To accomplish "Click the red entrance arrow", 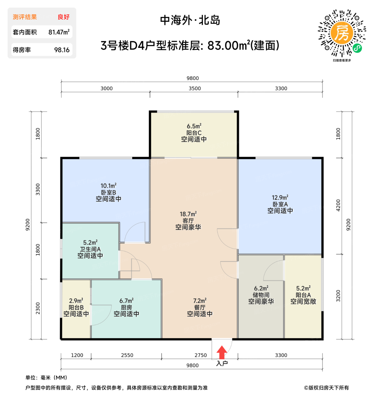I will [x=222, y=352].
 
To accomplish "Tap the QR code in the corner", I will [x=342, y=33].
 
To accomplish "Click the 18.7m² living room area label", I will [x=188, y=214].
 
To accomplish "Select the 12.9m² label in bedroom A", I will [x=280, y=198].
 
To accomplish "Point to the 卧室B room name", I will [x=108, y=193].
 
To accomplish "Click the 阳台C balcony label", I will [x=194, y=133].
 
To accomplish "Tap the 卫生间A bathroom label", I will [x=90, y=249].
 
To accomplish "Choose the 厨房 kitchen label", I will [x=126, y=307].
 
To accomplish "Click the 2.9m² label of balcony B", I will [x=76, y=301].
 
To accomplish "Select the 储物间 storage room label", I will [x=261, y=295].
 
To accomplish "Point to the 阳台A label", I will [x=303, y=295].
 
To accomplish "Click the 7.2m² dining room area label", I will [x=200, y=301].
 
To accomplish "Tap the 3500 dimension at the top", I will [x=195, y=88].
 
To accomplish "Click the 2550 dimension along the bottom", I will [x=127, y=355].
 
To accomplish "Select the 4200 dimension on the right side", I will [x=338, y=205].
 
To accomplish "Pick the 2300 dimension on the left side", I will [x=38, y=308].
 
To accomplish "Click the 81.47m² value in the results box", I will [x=59, y=32].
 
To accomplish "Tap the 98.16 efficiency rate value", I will [x=62, y=50].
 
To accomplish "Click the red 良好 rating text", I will [x=64, y=17].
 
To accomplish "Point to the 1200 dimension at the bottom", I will [x=77, y=355].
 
